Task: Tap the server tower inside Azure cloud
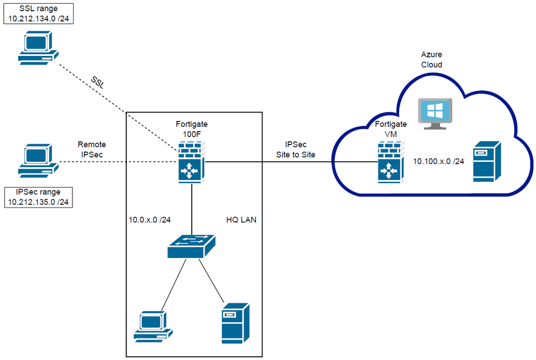486,161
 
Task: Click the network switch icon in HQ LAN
192,248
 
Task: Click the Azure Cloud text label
432,60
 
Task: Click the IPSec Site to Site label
296,150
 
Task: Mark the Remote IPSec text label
92,149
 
